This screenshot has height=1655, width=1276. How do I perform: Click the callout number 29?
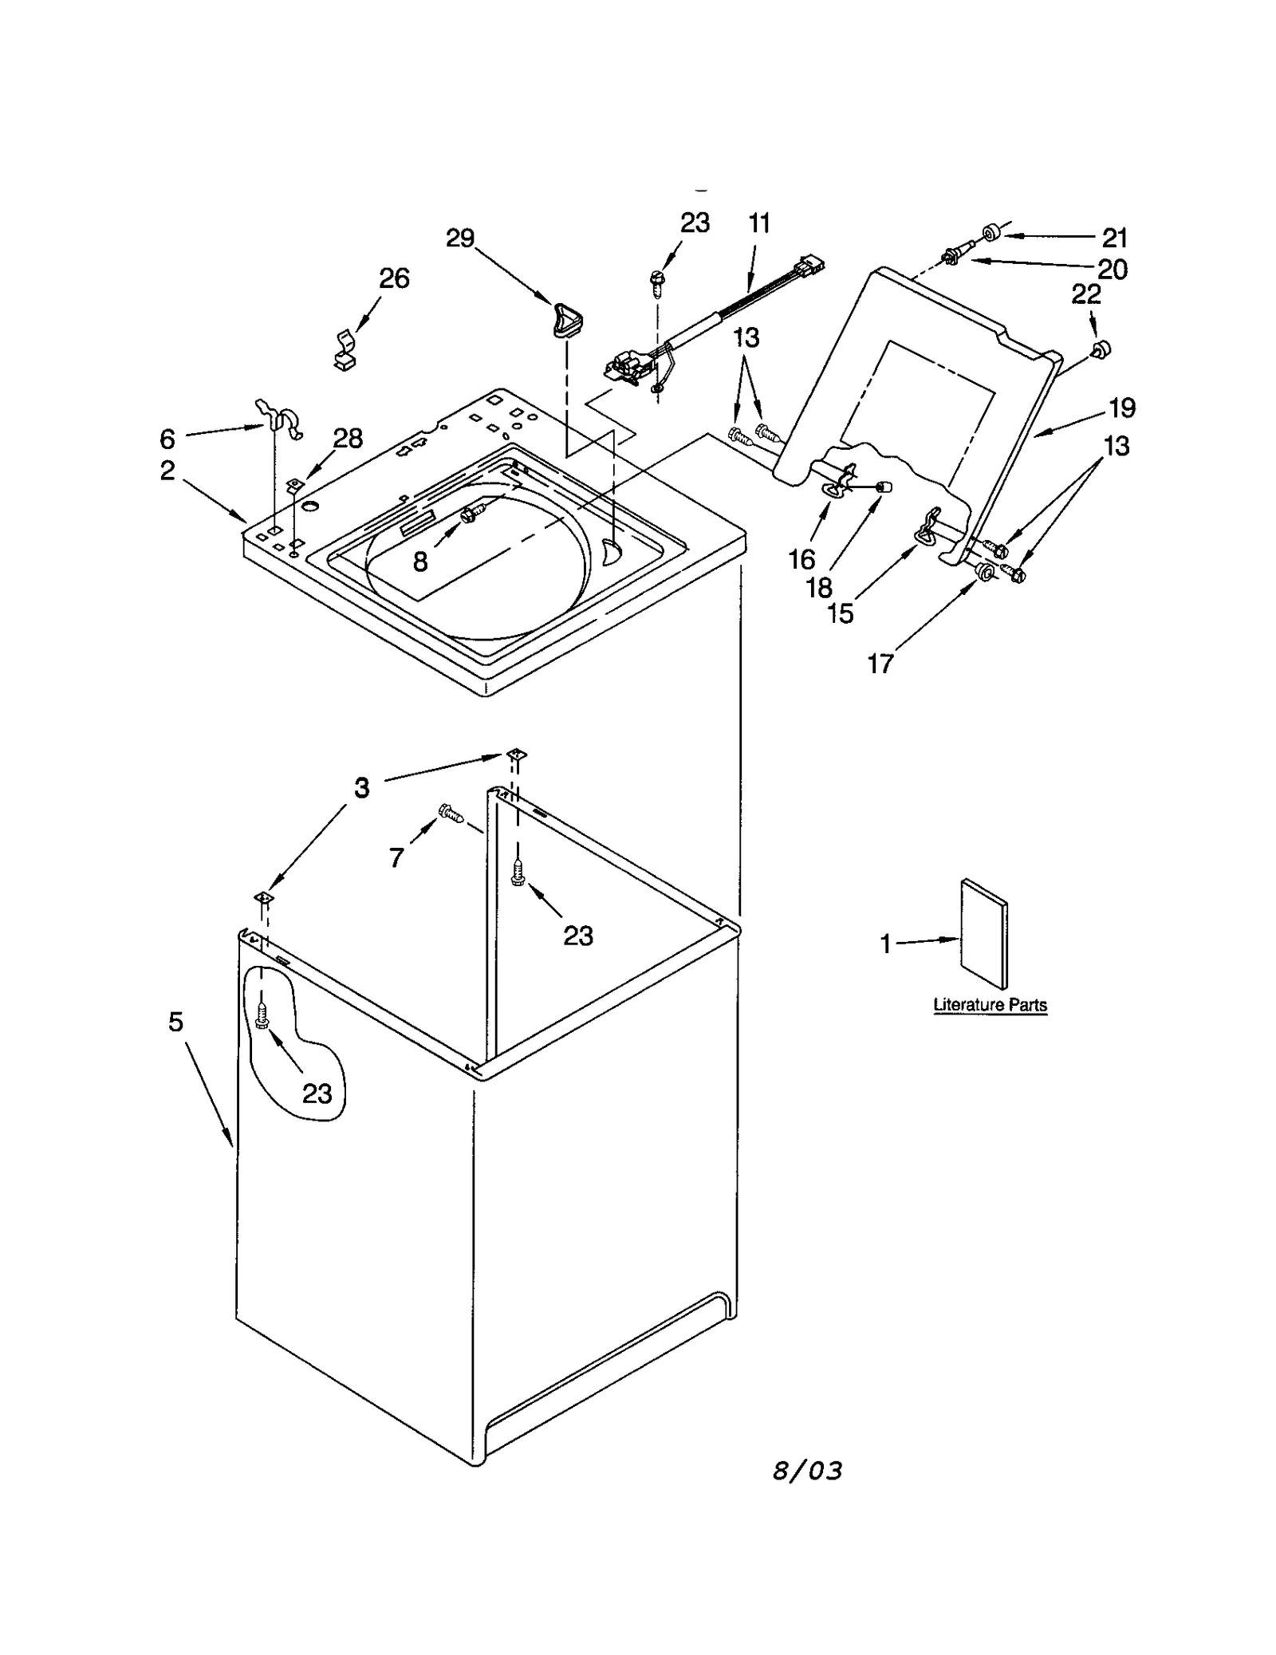(460, 238)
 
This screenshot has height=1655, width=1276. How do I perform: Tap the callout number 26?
(394, 278)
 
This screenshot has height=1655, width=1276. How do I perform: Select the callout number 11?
(760, 223)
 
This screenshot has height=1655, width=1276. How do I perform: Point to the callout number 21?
(1115, 238)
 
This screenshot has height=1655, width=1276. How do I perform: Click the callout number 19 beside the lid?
(1122, 408)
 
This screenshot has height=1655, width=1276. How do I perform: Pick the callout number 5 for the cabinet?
(176, 1022)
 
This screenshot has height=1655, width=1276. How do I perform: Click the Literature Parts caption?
(990, 1005)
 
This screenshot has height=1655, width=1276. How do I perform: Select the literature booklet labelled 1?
(984, 933)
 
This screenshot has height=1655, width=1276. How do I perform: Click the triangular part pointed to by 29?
(565, 321)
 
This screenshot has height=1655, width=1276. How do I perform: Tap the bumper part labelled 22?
(1101, 348)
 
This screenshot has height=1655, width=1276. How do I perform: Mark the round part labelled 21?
(992, 234)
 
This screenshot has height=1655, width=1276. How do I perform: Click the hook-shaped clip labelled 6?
(280, 419)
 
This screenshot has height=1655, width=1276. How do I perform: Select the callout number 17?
(880, 663)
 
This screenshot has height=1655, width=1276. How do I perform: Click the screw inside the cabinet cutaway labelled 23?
(262, 1016)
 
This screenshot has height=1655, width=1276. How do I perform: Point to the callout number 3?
(362, 788)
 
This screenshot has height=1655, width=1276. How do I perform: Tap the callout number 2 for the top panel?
(167, 471)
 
